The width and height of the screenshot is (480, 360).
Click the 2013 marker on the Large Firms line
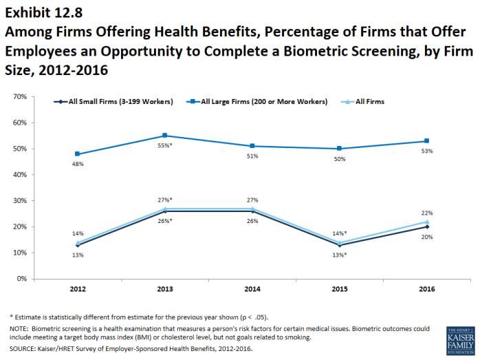[164, 136]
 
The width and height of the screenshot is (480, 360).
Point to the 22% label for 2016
[427, 213]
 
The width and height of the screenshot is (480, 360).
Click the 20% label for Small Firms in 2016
[427, 237]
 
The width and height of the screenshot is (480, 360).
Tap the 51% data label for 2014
[252, 156]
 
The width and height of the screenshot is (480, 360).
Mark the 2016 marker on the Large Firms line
[427, 141]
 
